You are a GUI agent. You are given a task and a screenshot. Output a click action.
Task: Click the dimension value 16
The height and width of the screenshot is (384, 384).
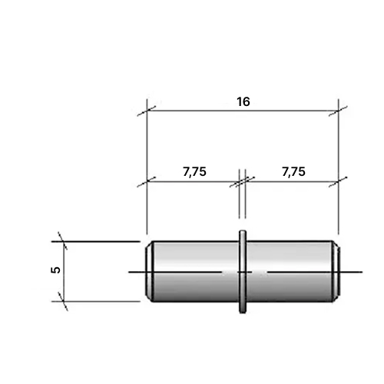coord(243,101)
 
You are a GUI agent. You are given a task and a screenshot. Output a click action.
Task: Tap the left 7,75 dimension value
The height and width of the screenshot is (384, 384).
coord(194,172)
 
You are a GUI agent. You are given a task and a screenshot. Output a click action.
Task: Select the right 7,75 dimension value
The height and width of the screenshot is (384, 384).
coord(293,172)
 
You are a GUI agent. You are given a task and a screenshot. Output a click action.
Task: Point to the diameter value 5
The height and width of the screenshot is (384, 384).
coord(56,270)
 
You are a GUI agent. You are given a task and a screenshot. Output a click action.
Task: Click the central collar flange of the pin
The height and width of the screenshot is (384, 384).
coord(243,272)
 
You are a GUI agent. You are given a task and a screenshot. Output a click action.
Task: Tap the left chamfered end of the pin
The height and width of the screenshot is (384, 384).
coord(150,272)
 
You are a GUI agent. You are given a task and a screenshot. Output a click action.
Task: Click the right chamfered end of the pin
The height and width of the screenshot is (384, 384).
coord(336,272)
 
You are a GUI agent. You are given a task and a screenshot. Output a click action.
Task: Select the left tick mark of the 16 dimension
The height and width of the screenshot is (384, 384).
coord(147,111)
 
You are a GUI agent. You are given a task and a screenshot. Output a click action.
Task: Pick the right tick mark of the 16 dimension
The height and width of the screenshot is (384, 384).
coord(338,111)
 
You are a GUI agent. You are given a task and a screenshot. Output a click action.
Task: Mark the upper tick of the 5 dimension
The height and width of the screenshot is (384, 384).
coord(63,241)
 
